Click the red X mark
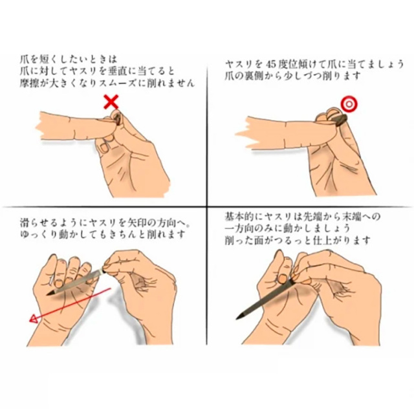point(111,102)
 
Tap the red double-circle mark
point(349,104)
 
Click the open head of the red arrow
point(34,319)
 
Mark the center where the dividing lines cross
point(207,206)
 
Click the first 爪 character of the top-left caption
point(25,59)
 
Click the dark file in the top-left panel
point(117,118)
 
